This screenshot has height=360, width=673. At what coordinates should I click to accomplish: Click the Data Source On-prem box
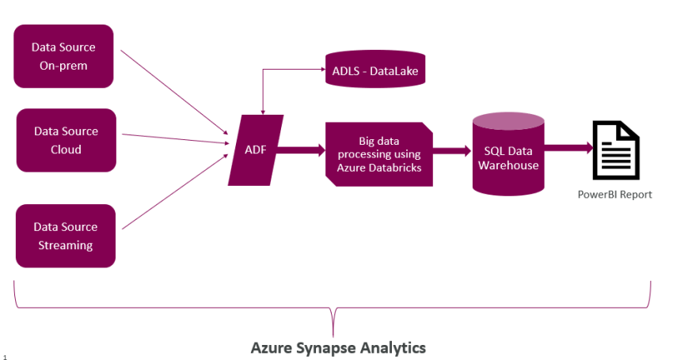point(64,56)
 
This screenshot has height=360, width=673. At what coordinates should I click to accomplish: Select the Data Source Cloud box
point(67,140)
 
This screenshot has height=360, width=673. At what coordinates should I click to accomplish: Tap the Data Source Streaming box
point(66,236)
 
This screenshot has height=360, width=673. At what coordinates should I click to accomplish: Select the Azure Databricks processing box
point(379,154)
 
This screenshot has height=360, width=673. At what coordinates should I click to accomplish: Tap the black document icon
point(616,150)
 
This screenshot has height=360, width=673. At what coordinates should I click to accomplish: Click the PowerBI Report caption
point(615,195)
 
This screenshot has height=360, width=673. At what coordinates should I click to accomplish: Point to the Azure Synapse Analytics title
point(338,347)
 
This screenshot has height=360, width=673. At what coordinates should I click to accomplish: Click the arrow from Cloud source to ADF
point(174,138)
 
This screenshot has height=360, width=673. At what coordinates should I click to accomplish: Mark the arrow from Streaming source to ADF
point(174,190)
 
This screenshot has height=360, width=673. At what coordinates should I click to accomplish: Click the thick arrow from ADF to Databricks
point(299,149)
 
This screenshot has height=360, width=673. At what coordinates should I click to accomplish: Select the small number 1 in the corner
point(5,357)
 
